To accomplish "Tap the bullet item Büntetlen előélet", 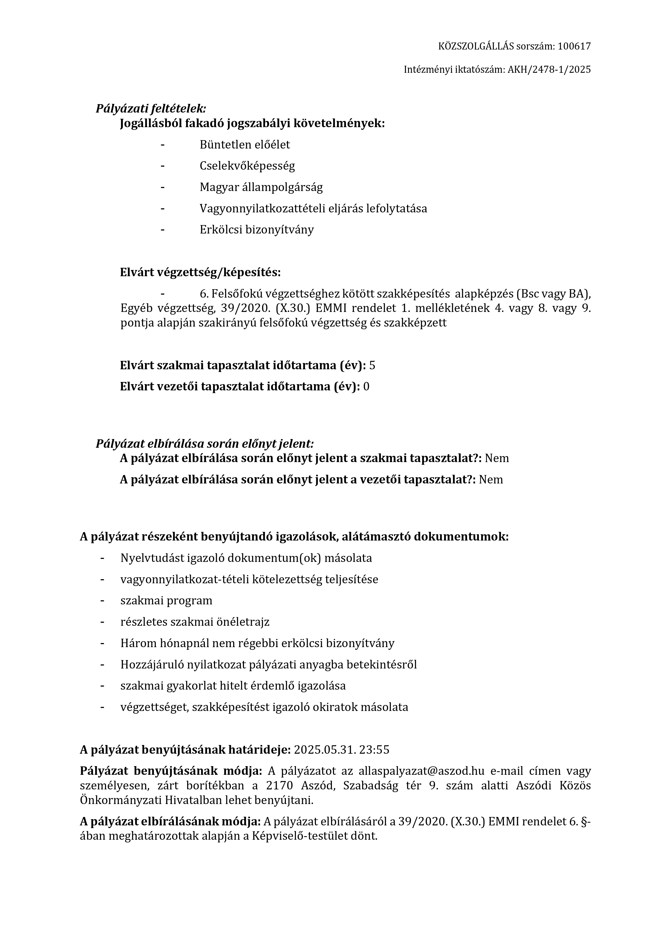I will click(x=244, y=145).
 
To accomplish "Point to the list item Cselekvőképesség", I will click(x=247, y=166).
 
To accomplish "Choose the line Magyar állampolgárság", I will click(x=261, y=187).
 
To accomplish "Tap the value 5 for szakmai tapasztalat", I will click(x=372, y=365).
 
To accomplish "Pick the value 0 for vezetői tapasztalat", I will click(x=366, y=387).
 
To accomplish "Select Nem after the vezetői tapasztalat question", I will click(x=491, y=479).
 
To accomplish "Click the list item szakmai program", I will click(x=166, y=601).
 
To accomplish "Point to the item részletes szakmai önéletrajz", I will click(x=195, y=622).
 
